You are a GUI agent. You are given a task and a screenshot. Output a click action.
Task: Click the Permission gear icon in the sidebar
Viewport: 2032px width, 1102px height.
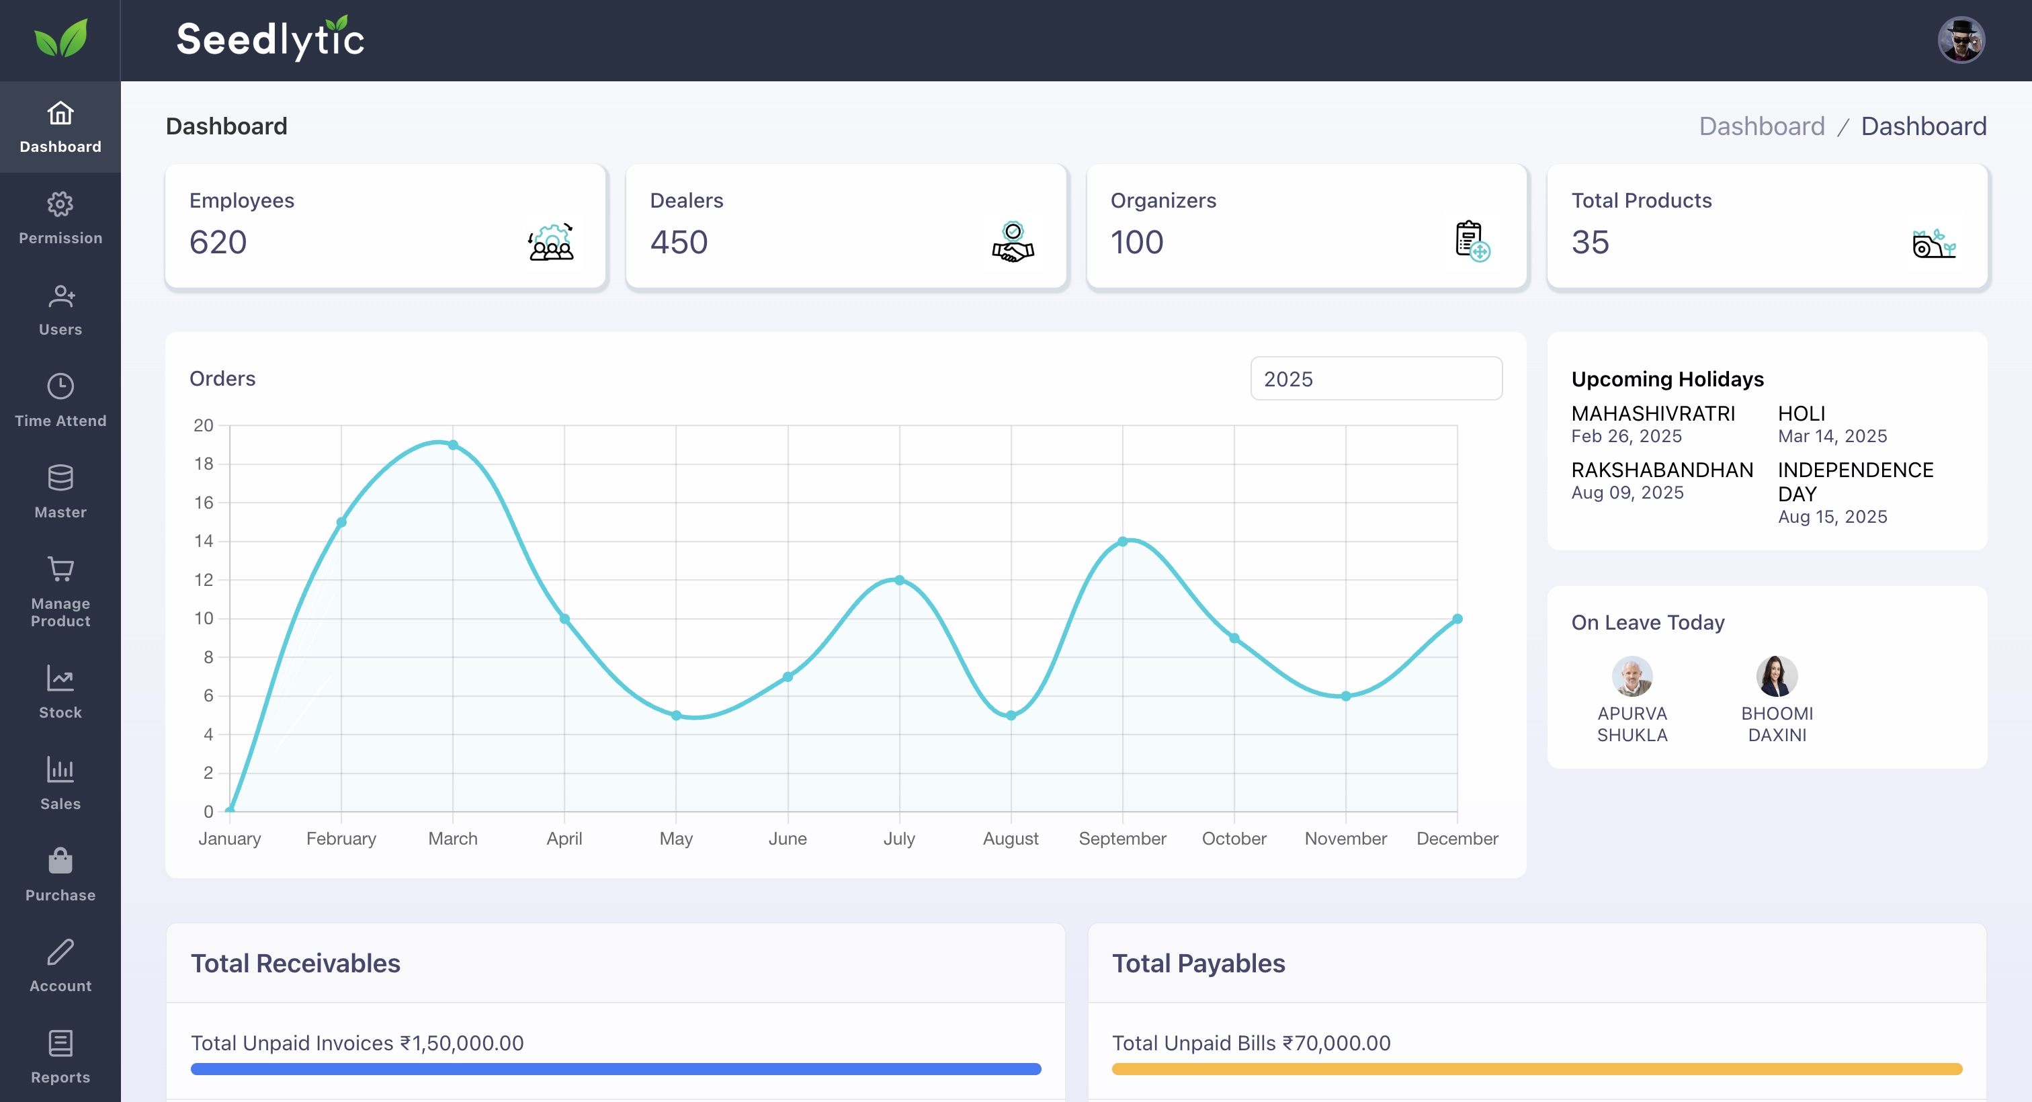[x=60, y=204]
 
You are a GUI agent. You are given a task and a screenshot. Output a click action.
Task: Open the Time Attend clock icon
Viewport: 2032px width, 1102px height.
[x=60, y=386]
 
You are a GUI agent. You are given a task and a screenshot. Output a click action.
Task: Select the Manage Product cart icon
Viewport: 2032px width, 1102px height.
[x=60, y=568]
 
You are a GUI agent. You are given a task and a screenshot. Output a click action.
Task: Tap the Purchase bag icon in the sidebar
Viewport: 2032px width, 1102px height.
[x=60, y=861]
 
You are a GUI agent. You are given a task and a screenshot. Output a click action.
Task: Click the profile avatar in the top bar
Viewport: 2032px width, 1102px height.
[x=1961, y=40]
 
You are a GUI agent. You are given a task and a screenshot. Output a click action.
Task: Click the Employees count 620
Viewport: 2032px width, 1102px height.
[x=218, y=242]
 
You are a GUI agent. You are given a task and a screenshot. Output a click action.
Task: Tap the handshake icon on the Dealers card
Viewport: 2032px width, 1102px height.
[x=1013, y=242]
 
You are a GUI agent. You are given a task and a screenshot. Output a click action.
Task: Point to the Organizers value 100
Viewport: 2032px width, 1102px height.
[x=1137, y=242]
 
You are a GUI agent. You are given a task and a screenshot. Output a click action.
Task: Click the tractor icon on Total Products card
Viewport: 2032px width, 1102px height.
[x=1934, y=243]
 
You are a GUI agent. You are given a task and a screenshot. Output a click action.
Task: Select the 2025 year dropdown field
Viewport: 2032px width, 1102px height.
[x=1375, y=378]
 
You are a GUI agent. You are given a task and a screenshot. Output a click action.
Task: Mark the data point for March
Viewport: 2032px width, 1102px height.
[x=453, y=445]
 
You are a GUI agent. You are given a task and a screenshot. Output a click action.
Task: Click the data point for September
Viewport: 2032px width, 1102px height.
[x=1122, y=541]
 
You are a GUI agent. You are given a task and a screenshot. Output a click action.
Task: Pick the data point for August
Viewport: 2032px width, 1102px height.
[x=1011, y=716]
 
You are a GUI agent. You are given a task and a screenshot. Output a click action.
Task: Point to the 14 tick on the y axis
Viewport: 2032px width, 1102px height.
[x=204, y=541]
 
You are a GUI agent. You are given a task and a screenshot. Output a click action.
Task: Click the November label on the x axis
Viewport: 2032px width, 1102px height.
[x=1346, y=839]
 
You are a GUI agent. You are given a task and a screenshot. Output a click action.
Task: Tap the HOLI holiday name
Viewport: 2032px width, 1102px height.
[x=1802, y=413]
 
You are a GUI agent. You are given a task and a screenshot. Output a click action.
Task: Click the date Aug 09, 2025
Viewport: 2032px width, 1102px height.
[x=1627, y=493]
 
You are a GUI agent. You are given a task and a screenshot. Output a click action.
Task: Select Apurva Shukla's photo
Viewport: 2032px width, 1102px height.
[x=1632, y=676]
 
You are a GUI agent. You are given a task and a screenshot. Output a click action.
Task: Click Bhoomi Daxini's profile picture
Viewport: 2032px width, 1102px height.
[x=1777, y=676]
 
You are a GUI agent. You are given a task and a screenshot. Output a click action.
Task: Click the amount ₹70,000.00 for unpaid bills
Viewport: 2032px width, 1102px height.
[x=1337, y=1043]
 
